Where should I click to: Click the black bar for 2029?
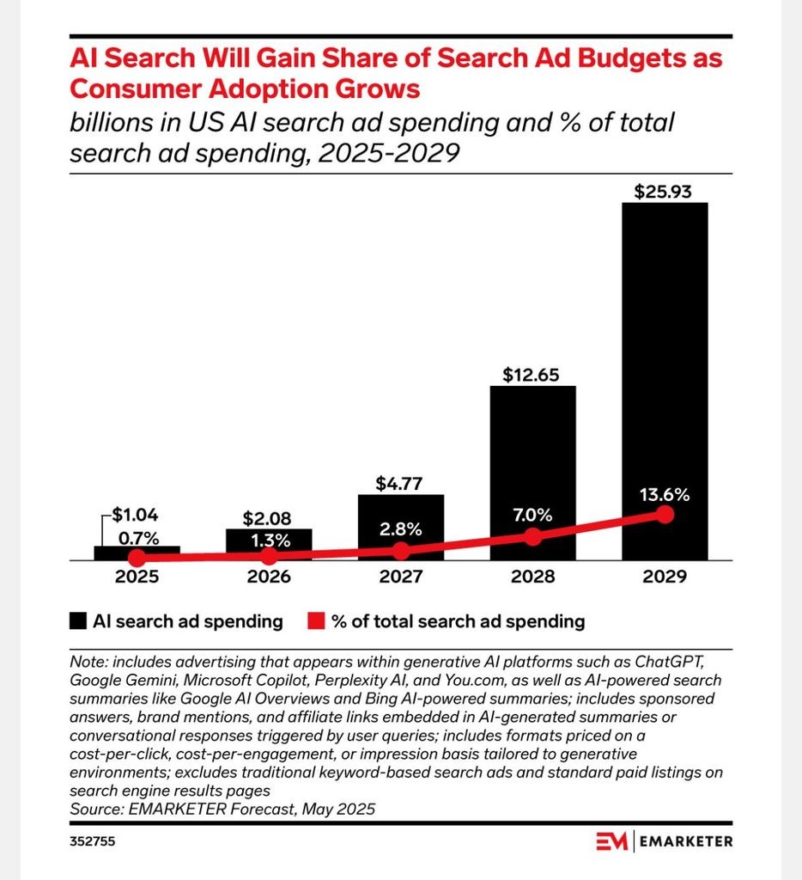(x=665, y=381)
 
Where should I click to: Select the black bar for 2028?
(x=532, y=473)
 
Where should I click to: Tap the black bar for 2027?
(x=401, y=527)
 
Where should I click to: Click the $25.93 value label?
(x=663, y=192)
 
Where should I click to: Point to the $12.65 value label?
(x=531, y=375)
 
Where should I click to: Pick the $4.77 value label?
(x=398, y=483)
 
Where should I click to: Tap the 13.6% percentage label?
(x=665, y=495)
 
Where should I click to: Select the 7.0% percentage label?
(x=532, y=516)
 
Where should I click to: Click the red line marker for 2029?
(x=665, y=515)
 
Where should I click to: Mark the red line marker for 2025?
(x=137, y=558)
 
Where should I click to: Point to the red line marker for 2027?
(x=401, y=551)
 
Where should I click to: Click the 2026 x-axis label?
(x=270, y=577)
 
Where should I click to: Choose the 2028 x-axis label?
(x=532, y=577)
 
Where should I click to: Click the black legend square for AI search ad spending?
(x=78, y=621)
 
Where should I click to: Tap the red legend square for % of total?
(x=316, y=621)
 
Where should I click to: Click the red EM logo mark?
(x=611, y=840)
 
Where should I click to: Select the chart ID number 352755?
(x=93, y=841)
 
